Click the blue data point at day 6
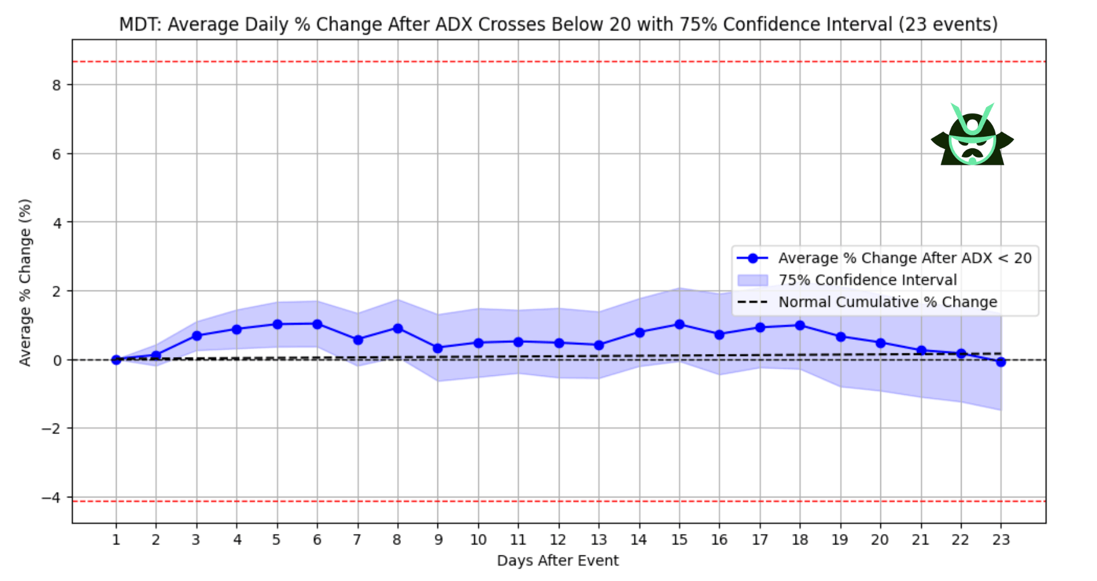[317, 324]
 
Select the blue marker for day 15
[679, 324]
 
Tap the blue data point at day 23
[1001, 362]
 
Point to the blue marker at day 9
[437, 348]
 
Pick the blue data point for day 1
[116, 359]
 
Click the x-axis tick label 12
[558, 540]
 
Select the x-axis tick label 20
[880, 540]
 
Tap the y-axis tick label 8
[57, 85]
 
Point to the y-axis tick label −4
[51, 497]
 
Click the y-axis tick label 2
[57, 292]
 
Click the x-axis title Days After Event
[558, 561]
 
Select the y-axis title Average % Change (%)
[25, 283]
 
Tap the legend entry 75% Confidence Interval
[867, 280]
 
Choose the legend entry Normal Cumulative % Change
[887, 302]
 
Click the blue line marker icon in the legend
[752, 258]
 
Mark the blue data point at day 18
[800, 325]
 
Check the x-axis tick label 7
[358, 540]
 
